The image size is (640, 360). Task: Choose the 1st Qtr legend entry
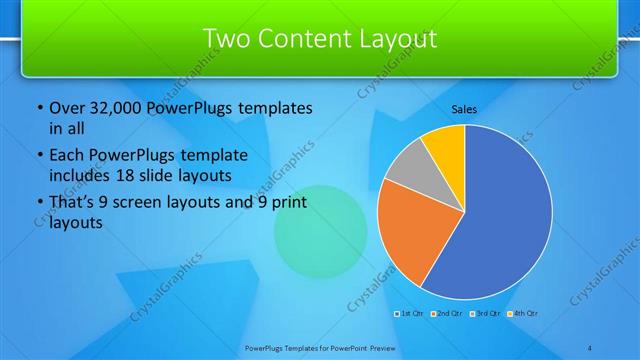(410, 314)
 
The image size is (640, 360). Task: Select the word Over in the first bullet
(66, 107)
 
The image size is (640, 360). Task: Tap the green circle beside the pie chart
(316, 230)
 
